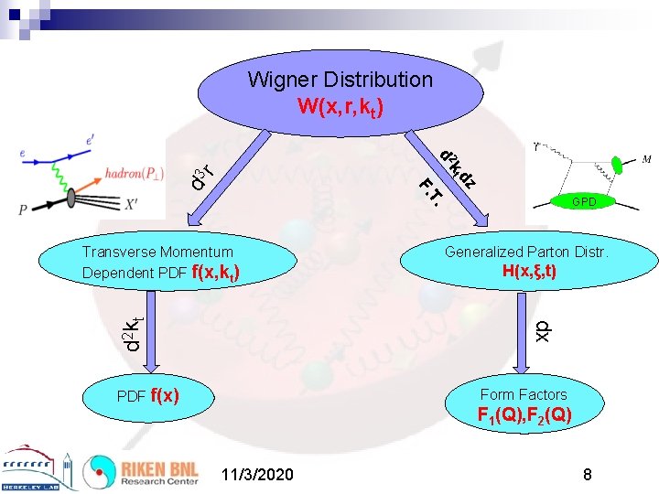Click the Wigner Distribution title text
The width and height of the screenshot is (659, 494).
click(340, 80)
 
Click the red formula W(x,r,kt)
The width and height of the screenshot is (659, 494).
click(340, 107)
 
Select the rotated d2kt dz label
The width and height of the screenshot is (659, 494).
click(457, 168)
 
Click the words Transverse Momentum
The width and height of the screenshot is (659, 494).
click(157, 252)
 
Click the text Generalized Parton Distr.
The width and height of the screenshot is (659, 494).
click(526, 252)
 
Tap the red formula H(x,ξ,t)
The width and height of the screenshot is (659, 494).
click(530, 272)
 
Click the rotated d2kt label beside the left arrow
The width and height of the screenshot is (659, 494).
click(133, 332)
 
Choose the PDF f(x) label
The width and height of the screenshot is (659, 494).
click(147, 396)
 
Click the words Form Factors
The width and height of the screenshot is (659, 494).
click(524, 394)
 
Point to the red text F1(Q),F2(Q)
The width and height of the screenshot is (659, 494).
click(524, 415)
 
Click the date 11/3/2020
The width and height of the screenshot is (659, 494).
click(258, 475)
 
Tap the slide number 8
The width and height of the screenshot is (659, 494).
click(588, 475)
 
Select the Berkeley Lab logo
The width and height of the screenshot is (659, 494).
click(38, 470)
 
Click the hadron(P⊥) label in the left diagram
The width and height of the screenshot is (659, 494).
click(141, 172)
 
